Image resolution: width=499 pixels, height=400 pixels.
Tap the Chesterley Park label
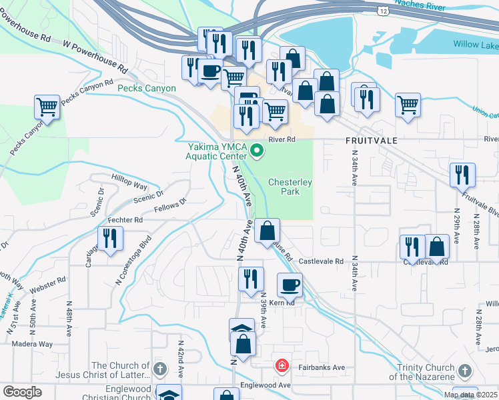(x=290, y=186)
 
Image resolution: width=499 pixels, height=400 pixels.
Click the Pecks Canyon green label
(x=147, y=88)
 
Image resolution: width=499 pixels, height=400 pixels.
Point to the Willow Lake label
(x=475, y=44)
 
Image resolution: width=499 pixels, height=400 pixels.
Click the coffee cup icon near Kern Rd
(x=290, y=285)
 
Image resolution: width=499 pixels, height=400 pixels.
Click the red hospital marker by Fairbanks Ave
(x=282, y=366)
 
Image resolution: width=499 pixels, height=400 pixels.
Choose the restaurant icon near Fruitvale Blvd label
(x=462, y=175)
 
